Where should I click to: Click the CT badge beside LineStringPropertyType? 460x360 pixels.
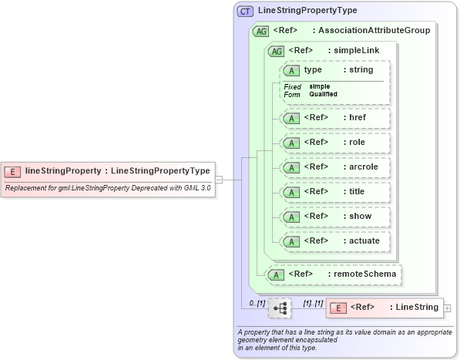[245, 11]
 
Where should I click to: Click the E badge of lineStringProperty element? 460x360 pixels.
[13, 170]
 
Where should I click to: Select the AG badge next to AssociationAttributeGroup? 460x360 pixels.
[260, 31]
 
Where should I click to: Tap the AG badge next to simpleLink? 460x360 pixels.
[274, 51]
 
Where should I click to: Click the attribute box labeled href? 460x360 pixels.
[334, 118]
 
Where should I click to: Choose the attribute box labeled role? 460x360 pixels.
[334, 143]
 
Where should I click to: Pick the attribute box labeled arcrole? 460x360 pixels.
[334, 167]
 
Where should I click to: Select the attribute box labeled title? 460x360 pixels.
[334, 192]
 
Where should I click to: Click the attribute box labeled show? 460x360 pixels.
[334, 217]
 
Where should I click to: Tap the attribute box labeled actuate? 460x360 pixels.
[334, 241]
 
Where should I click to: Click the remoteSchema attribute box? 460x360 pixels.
[333, 274]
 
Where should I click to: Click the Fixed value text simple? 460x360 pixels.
[320, 86]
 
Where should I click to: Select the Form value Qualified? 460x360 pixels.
[323, 94]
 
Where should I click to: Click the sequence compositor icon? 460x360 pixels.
[280, 308]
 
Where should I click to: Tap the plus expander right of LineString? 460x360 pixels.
[448, 308]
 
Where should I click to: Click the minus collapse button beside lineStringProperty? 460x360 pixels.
[219, 180]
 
